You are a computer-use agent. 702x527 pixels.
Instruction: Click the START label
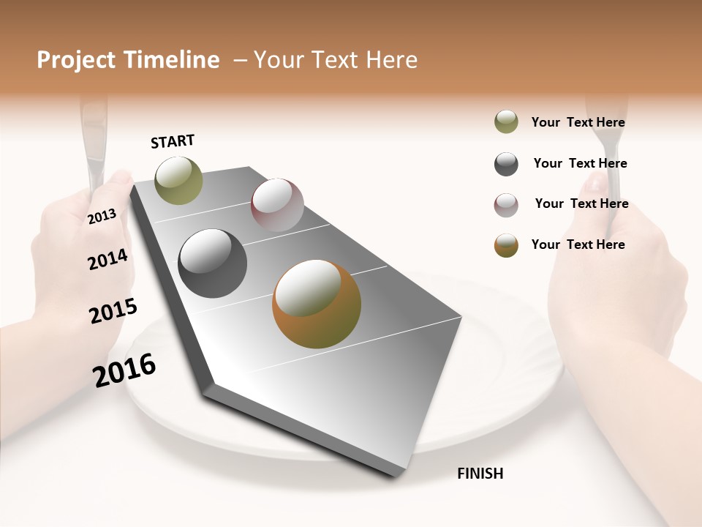pos(173,141)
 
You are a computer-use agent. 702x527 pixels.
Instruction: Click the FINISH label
pos(480,474)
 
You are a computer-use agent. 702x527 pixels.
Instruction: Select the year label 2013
pos(102,216)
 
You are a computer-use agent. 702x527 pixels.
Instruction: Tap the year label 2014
pos(107,259)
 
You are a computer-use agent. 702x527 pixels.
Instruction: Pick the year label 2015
pos(113,311)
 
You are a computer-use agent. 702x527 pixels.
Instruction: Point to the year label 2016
pos(124,370)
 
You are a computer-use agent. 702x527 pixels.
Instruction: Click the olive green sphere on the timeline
pos(178,180)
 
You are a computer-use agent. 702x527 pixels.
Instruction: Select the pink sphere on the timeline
pos(277,204)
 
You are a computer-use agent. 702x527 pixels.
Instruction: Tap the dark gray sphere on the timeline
pos(213,263)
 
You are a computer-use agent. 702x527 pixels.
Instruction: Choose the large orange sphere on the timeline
pos(317,304)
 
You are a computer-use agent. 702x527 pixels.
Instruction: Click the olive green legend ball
pos(506,122)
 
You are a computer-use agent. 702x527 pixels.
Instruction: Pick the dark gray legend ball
pos(506,164)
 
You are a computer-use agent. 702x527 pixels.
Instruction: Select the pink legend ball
pos(506,205)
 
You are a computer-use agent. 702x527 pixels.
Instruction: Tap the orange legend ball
pos(506,245)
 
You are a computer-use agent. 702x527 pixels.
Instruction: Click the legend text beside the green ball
pos(578,122)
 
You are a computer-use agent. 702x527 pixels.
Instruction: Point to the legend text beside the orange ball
pos(578,244)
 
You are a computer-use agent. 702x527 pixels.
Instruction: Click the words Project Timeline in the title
pos(128,60)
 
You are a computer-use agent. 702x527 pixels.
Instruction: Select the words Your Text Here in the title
pos(336,60)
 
